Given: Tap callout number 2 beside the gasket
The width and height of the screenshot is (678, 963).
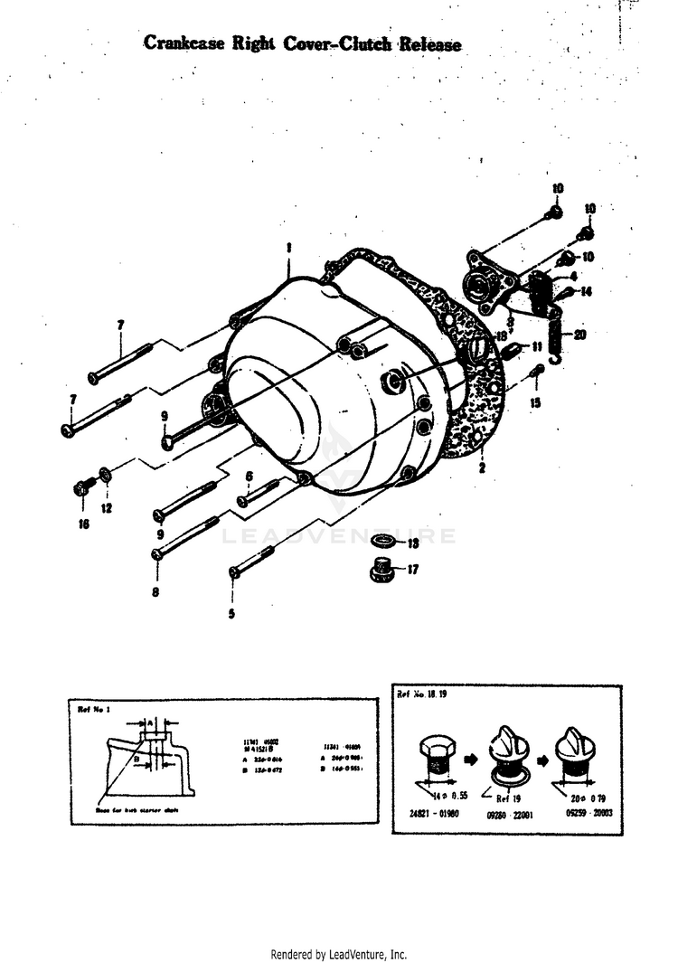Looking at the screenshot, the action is (482, 468).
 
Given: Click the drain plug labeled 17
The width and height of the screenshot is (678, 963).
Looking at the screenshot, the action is (381, 571).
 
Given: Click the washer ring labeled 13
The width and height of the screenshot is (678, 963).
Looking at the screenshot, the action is (383, 542).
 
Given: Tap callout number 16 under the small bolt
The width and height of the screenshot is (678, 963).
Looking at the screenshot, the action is (83, 524).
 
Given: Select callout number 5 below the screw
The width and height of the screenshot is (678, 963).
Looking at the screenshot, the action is (231, 614).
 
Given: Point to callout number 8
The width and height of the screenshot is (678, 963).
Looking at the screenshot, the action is (155, 592).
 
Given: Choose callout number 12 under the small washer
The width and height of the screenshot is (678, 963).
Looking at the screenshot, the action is (107, 508).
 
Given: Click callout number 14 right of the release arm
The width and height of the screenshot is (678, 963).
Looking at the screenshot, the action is (586, 291).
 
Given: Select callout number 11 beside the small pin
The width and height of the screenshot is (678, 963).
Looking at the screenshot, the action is (536, 345).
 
